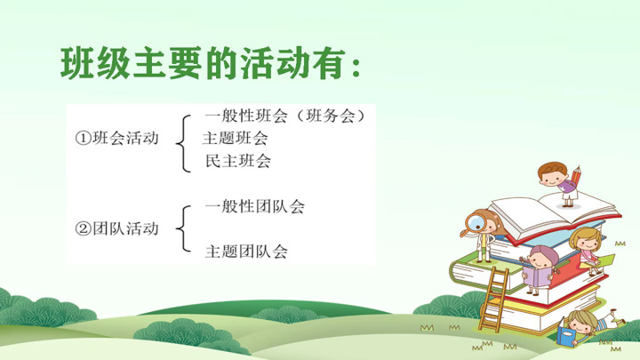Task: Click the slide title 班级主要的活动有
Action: [210, 64]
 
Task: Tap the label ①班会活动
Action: [116, 138]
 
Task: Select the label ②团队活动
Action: [116, 228]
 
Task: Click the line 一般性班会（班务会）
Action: [285, 116]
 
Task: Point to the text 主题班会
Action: [235, 138]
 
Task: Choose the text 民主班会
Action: [238, 161]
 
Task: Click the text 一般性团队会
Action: [255, 206]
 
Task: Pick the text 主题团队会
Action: [246, 251]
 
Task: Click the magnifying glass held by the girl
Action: [475, 224]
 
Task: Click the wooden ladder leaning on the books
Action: [493, 299]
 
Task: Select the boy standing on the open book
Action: [558, 184]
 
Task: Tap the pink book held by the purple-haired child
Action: [536, 276]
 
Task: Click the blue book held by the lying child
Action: [566, 335]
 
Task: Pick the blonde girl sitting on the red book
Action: [587, 250]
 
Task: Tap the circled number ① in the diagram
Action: [83, 139]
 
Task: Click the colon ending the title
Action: [356, 68]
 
